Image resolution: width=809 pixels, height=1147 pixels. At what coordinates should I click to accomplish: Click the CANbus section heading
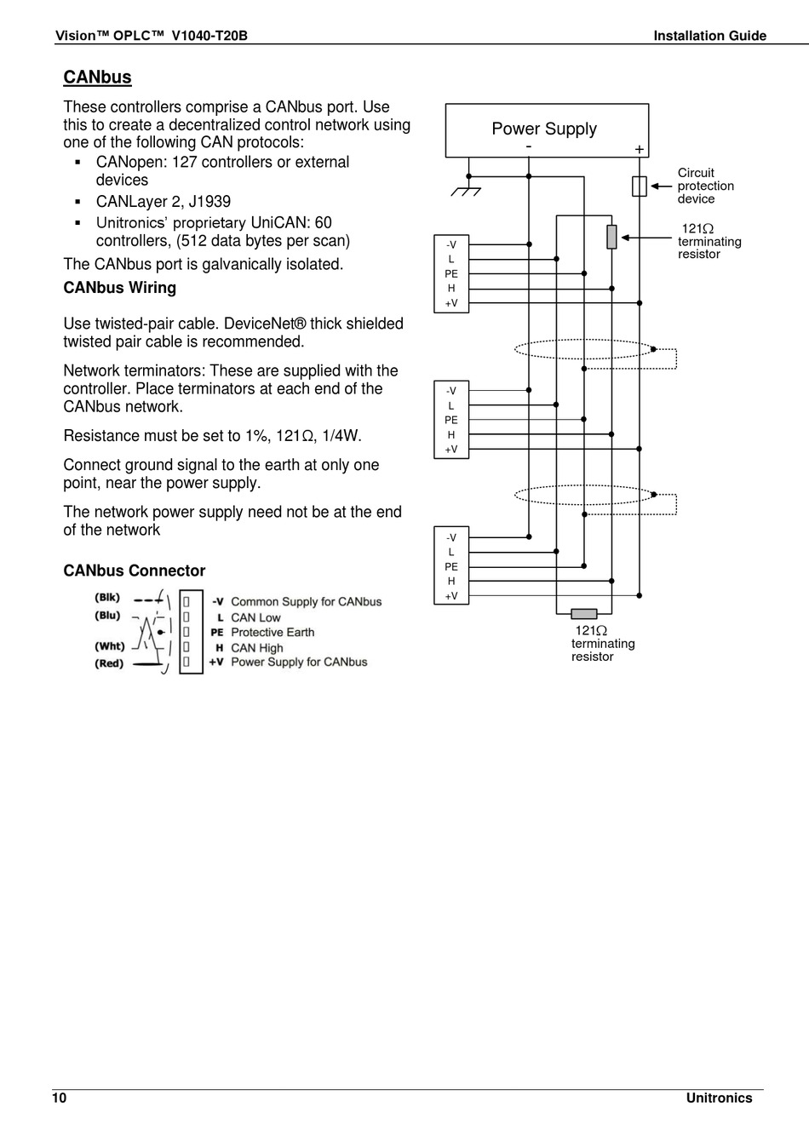point(97,77)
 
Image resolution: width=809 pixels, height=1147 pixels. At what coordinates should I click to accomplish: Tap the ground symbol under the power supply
point(466,189)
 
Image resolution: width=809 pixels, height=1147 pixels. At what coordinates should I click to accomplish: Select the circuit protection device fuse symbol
point(639,186)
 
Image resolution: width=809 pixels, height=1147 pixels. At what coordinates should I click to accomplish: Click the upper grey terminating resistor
point(611,237)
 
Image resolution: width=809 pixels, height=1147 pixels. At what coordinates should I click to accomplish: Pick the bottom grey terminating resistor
point(583,613)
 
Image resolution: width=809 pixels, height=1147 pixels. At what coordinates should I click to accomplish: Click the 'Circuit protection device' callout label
point(705,186)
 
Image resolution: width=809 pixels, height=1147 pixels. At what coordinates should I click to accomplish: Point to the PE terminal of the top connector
point(451,273)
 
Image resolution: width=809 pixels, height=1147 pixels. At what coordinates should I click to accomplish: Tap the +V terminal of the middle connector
point(451,449)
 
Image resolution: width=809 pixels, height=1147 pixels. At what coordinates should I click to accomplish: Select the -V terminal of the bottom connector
point(451,537)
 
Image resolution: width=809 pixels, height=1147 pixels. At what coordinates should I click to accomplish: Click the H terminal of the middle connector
point(451,434)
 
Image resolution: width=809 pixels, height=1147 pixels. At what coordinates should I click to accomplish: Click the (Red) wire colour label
point(109,663)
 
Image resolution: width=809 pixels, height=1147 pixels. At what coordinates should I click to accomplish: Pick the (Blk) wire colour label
point(108,597)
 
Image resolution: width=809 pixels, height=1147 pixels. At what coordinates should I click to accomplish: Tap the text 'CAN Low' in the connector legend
point(255,617)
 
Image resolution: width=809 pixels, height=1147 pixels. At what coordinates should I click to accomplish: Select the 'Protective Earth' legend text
point(273,632)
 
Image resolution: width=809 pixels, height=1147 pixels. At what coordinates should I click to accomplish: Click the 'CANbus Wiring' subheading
point(120,288)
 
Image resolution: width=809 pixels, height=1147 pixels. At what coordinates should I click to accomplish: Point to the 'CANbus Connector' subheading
point(135,571)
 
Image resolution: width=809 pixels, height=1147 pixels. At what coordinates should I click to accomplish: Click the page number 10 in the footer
point(59,1098)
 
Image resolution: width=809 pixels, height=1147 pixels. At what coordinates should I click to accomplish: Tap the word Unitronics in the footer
point(719,1098)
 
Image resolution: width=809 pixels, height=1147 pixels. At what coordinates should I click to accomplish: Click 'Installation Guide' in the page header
point(709,36)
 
